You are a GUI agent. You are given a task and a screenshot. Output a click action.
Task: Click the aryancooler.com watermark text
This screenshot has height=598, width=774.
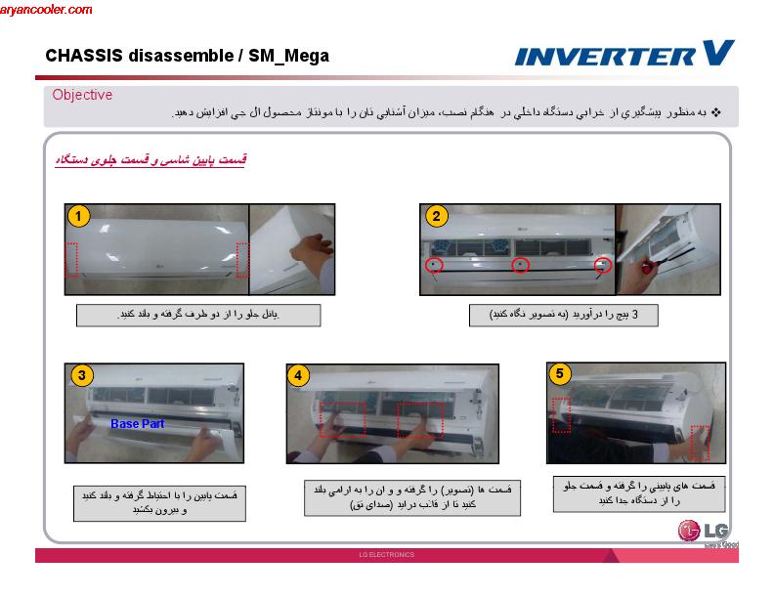click(x=47, y=10)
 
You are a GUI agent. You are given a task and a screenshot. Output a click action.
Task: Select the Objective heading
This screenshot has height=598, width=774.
click(x=82, y=95)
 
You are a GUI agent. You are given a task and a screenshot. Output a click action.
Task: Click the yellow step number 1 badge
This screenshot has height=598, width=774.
click(x=79, y=216)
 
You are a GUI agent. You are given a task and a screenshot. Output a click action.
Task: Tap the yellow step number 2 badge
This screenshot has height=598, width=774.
click(x=436, y=216)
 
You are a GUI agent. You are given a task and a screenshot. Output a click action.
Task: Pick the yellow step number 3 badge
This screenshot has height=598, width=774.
click(x=85, y=375)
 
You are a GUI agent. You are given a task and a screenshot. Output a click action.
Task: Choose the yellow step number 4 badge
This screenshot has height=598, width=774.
click(x=300, y=376)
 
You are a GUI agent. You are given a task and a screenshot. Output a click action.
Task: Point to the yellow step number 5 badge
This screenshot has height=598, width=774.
click(x=559, y=373)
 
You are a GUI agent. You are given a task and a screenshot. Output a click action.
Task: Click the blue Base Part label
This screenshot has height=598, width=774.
click(x=137, y=424)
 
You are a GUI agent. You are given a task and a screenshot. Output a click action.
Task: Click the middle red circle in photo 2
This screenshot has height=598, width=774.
click(x=521, y=265)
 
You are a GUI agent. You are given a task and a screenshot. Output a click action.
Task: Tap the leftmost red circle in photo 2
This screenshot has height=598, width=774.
click(x=433, y=265)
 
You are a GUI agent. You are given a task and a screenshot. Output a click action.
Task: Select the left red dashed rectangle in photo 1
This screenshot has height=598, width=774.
click(x=71, y=259)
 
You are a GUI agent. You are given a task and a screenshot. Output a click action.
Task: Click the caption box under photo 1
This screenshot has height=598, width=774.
click(x=185, y=315)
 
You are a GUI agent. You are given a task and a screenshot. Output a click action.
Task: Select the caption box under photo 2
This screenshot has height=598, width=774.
click(x=562, y=315)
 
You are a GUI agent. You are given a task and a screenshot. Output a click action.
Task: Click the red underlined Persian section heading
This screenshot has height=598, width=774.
click(x=150, y=159)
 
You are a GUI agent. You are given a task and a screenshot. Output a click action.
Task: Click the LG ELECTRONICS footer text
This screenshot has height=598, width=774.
click(x=387, y=555)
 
